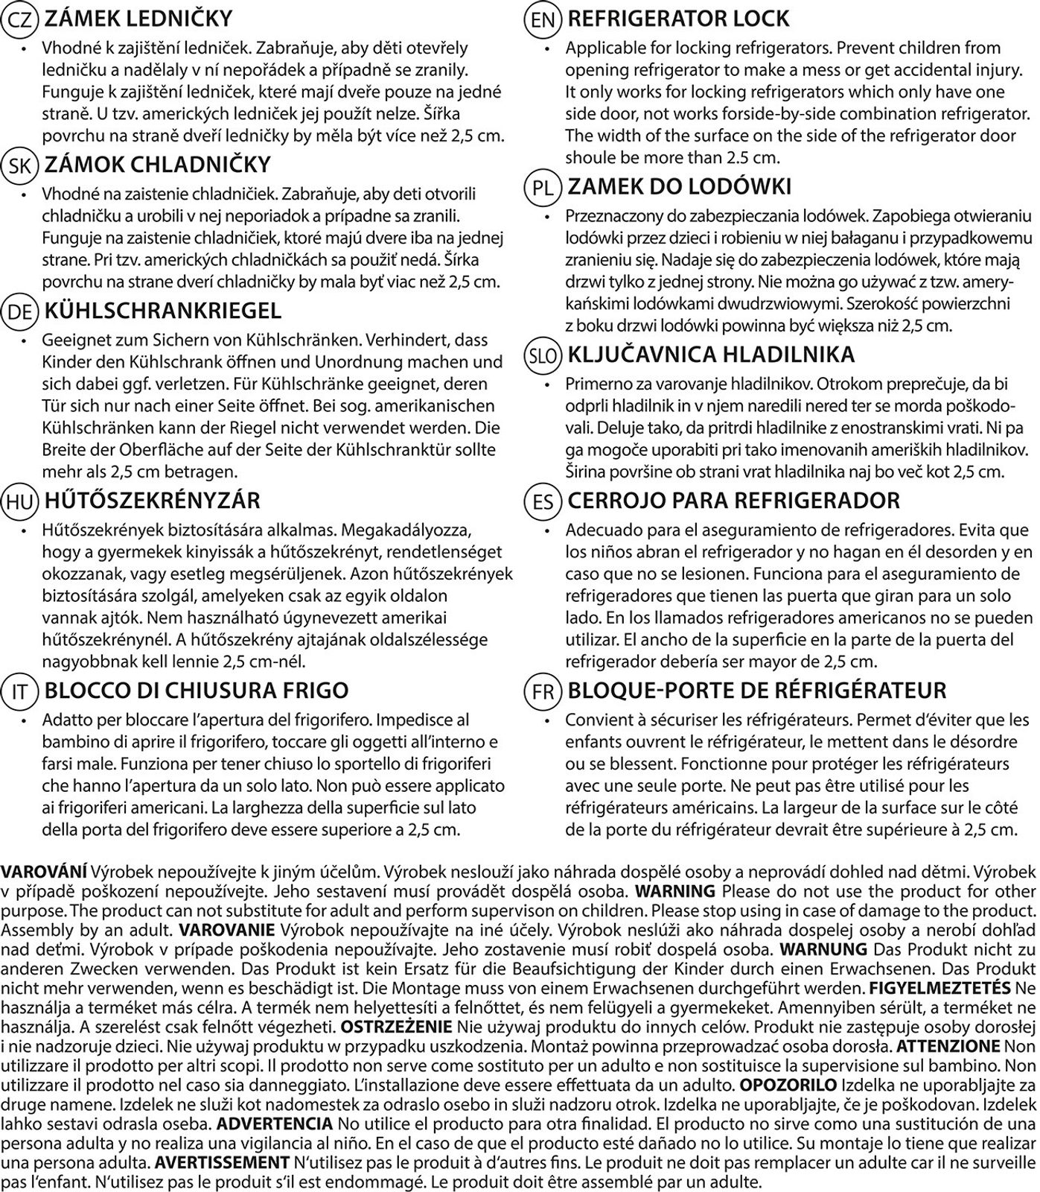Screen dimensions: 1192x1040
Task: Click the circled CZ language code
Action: point(19,20)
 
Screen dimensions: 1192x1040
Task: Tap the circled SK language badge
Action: point(19,166)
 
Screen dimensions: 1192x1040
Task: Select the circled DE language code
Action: point(19,312)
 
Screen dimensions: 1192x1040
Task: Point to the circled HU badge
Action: point(19,502)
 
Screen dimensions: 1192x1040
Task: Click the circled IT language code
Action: point(19,692)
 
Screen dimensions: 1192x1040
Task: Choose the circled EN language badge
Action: point(543,20)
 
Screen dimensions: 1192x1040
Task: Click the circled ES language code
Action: point(543,502)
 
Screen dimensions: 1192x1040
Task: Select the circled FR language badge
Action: point(543,692)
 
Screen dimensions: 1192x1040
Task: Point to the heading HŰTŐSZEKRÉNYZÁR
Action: point(153,501)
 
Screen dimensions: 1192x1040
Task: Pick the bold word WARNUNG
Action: point(823,950)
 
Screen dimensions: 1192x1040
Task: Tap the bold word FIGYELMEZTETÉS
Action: point(939,989)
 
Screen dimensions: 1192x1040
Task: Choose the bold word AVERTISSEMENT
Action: point(222,1163)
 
